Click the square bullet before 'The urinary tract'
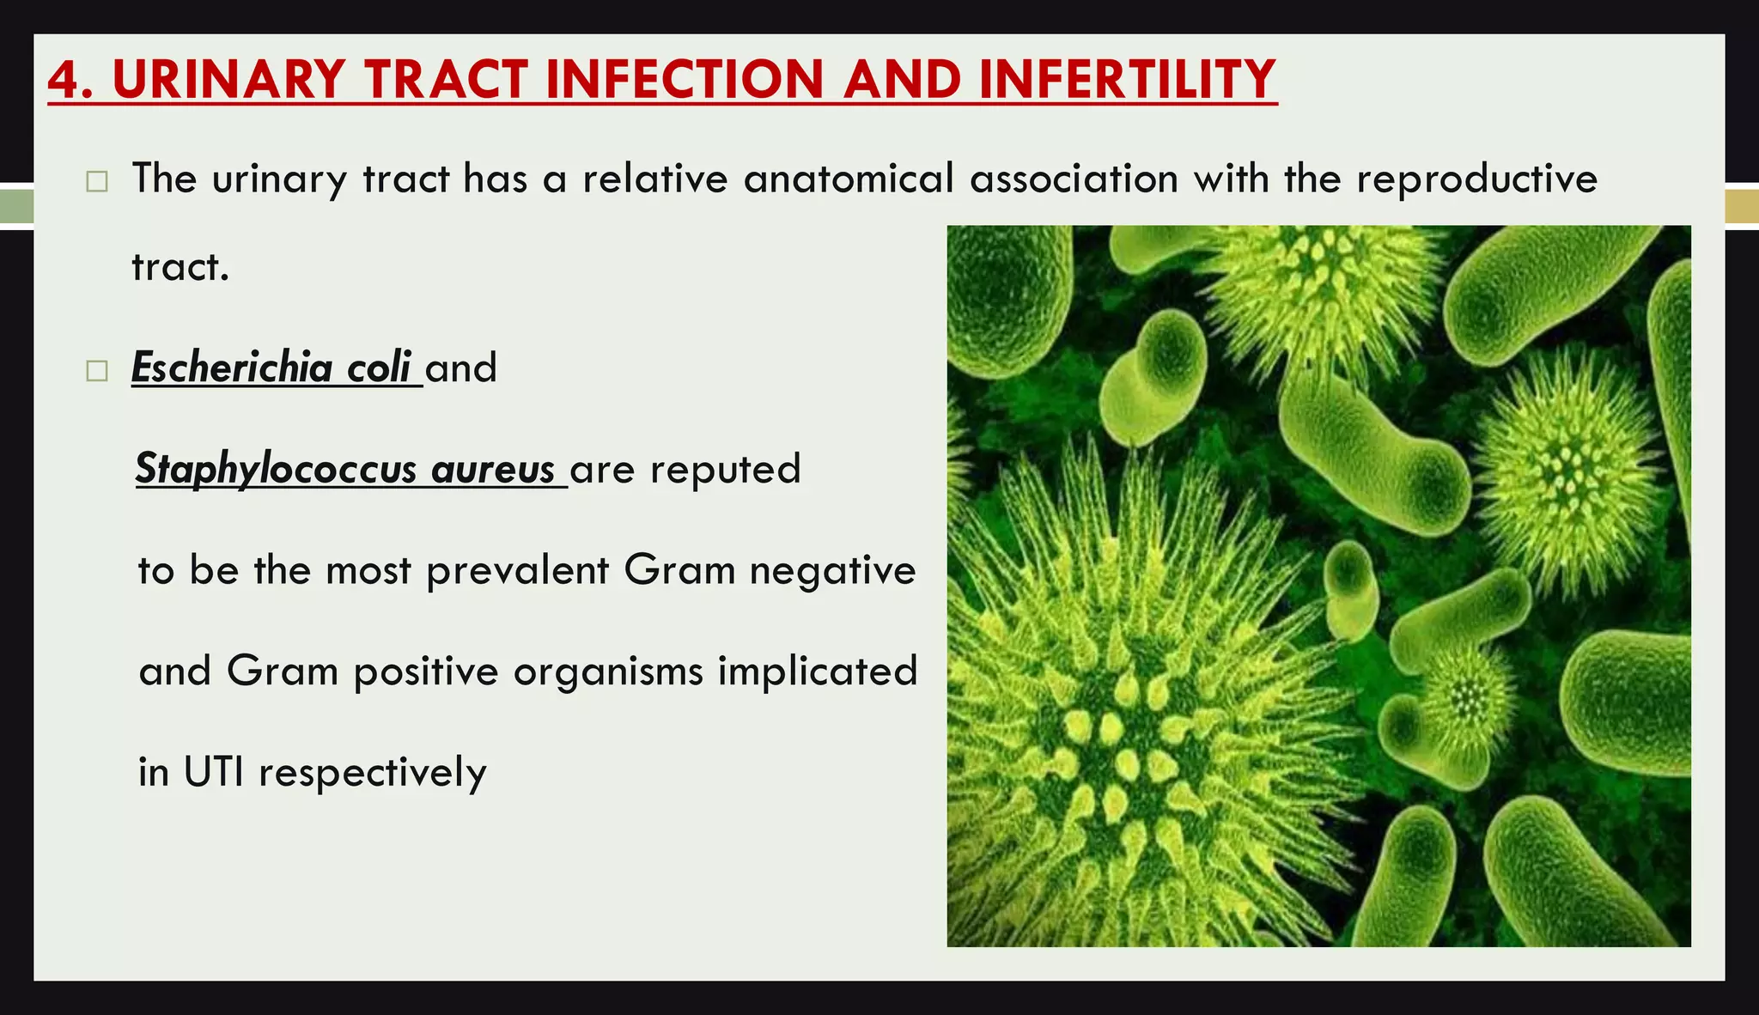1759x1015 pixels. (97, 182)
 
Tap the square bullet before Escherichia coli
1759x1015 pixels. (97, 371)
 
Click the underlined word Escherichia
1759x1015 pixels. (232, 368)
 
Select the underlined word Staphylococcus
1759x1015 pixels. (276, 469)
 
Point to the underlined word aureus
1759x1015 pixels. (493, 469)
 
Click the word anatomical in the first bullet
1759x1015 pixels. (849, 179)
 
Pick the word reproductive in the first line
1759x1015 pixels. (1476, 179)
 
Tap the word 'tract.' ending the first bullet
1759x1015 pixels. (180, 267)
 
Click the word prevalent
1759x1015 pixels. (517, 570)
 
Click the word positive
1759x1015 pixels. (425, 672)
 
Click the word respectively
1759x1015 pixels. (373, 773)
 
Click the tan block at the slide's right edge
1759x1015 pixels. (1741, 207)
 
